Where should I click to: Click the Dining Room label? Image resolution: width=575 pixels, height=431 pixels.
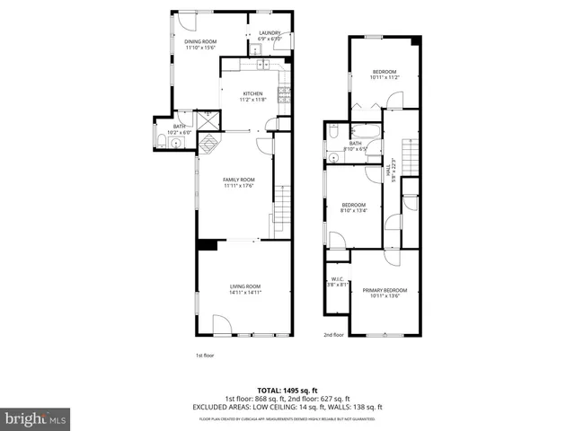coord(201,45)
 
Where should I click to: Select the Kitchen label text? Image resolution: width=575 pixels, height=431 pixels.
coord(252,96)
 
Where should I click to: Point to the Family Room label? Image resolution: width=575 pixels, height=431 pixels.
coord(239,182)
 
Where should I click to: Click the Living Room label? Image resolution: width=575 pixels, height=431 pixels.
coord(244,289)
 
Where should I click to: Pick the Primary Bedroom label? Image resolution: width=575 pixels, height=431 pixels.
coord(385,293)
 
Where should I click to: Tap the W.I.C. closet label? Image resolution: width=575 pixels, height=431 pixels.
coord(337,281)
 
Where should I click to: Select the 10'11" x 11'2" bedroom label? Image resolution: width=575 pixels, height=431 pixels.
coord(385,75)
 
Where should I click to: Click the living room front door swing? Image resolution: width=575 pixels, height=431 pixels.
coord(220,325)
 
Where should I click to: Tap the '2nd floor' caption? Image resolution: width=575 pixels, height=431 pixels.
coord(333,335)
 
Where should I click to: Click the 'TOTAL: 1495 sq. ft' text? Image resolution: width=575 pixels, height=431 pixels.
coord(287,390)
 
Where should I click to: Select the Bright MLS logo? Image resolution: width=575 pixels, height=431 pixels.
coord(36,418)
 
